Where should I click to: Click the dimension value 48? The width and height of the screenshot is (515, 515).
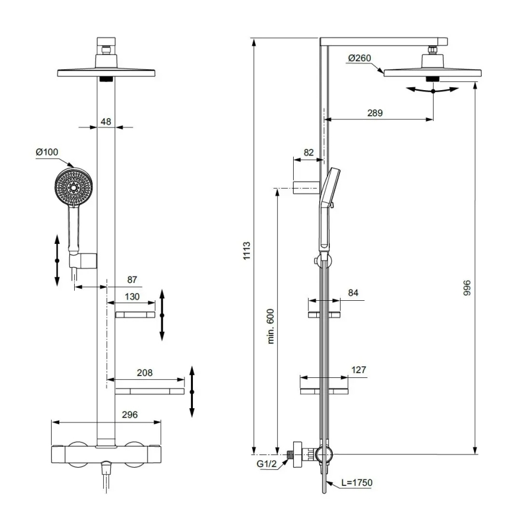click(x=106, y=122)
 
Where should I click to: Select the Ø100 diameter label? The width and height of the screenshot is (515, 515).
click(x=47, y=152)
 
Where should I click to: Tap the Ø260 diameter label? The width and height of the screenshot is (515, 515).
click(x=360, y=58)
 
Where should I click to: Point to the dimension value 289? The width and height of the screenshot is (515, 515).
click(x=374, y=113)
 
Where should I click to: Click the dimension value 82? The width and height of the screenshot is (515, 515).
click(x=309, y=152)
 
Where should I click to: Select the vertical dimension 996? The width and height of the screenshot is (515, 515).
click(x=467, y=289)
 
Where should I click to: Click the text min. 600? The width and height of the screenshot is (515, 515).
click(x=271, y=325)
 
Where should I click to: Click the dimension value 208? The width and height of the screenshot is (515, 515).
click(x=144, y=373)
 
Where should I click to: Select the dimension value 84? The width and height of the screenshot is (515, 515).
click(x=353, y=293)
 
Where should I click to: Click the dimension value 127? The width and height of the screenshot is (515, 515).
click(x=358, y=370)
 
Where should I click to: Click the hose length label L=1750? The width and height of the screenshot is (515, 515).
click(x=357, y=483)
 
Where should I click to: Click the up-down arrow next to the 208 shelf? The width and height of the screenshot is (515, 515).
click(x=192, y=392)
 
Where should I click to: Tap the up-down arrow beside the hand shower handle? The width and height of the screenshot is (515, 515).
click(x=57, y=260)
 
